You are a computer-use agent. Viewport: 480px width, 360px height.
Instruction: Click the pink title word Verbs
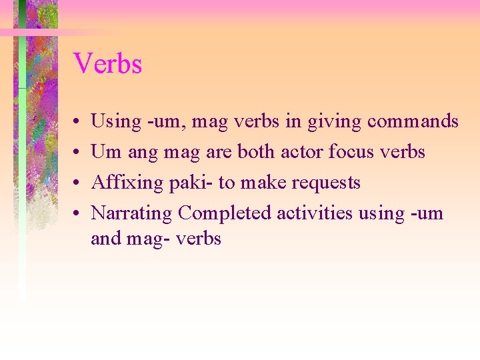pos(107,64)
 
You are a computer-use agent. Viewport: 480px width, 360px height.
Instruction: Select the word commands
pos(413,121)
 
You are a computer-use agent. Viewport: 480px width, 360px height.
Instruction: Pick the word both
pos(256,152)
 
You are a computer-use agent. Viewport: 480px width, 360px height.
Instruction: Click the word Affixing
pos(123,183)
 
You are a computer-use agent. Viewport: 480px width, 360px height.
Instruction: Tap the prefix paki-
pos(189,183)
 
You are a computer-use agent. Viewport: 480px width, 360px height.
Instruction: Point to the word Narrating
pos(132,213)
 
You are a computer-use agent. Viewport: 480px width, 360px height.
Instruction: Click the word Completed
pos(225,213)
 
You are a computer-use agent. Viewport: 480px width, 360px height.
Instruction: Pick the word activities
pos(314,213)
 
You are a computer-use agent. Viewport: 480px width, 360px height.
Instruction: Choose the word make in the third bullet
pos(258,183)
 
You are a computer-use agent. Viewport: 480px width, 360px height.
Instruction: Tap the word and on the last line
pos(105,238)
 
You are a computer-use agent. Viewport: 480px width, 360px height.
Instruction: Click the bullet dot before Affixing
pos(78,183)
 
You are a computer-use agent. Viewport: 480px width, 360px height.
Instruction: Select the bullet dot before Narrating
pos(78,214)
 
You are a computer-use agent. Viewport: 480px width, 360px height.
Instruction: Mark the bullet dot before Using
pos(78,122)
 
